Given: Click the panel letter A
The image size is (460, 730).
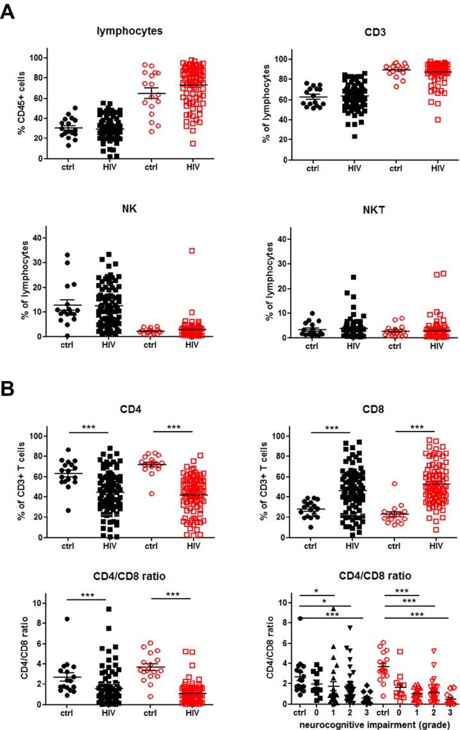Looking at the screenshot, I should pyautogui.click(x=8, y=12).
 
